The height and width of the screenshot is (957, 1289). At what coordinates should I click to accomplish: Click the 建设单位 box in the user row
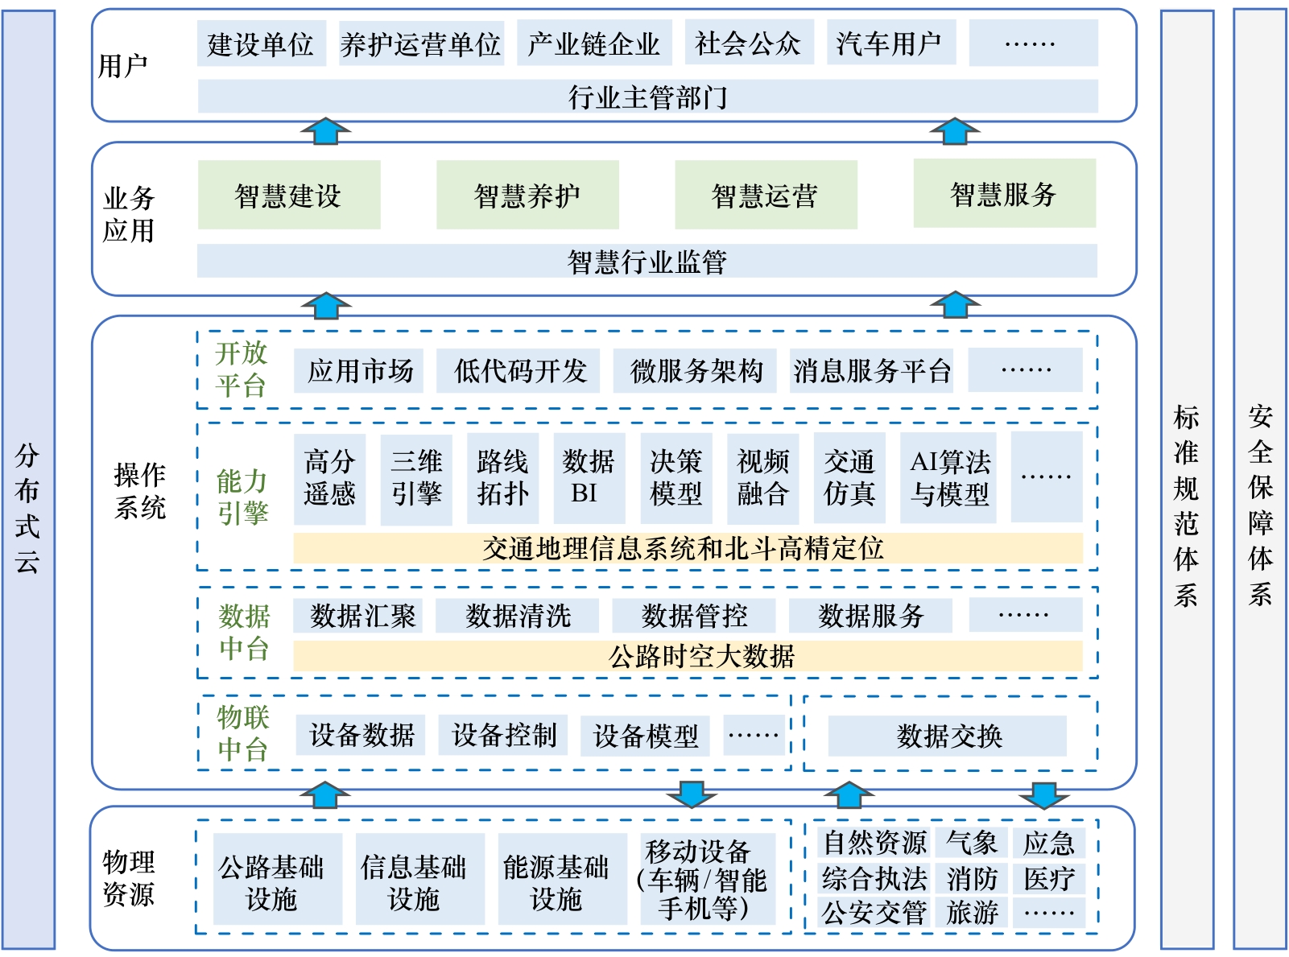click(x=261, y=43)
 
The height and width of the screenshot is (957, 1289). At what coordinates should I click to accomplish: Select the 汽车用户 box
click(x=890, y=43)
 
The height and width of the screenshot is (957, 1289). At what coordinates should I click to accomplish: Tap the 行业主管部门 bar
click(x=647, y=97)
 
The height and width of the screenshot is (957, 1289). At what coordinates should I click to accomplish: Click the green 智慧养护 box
click(x=527, y=195)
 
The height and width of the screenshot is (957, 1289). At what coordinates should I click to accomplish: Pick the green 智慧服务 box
click(x=1004, y=194)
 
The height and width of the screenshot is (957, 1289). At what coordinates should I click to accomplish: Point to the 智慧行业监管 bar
click(x=647, y=262)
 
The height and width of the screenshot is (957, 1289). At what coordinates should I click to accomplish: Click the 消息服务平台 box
click(x=871, y=371)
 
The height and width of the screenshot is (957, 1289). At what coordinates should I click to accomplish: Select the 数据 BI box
click(x=589, y=478)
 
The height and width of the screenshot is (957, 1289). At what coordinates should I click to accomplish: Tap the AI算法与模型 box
click(x=948, y=478)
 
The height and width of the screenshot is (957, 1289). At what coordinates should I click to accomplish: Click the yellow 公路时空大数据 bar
click(x=688, y=657)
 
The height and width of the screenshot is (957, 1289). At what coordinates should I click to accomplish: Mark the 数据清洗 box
click(x=518, y=617)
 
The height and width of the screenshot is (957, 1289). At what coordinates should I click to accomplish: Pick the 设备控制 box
click(x=503, y=735)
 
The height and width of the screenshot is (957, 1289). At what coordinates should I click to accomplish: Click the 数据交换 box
click(x=948, y=736)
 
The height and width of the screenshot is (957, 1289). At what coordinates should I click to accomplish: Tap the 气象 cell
click(x=971, y=844)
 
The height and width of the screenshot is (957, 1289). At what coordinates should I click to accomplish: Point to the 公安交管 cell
click(x=874, y=913)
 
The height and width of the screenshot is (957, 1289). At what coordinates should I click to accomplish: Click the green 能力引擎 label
click(x=242, y=497)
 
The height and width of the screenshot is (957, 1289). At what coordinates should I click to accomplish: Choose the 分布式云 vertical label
click(x=28, y=507)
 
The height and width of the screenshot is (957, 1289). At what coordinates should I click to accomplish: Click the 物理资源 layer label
click(x=129, y=878)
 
